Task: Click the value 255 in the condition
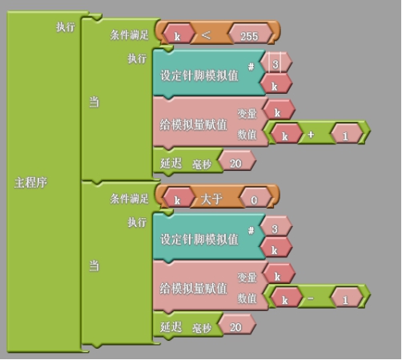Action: pyautogui.click(x=249, y=36)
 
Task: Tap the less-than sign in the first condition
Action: pyautogui.click(x=206, y=35)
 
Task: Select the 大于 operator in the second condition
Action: pyautogui.click(x=211, y=199)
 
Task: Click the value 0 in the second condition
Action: pyautogui.click(x=254, y=200)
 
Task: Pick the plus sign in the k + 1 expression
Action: pyautogui.click(x=311, y=135)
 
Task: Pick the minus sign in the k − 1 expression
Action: pyautogui.click(x=311, y=297)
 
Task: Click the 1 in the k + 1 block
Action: pyautogui.click(x=345, y=136)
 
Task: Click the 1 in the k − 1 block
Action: pyautogui.click(x=345, y=300)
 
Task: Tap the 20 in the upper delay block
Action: pyautogui.click(x=235, y=164)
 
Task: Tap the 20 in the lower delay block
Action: pyautogui.click(x=235, y=327)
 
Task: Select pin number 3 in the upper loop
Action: pyautogui.click(x=275, y=64)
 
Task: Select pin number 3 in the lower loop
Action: pyautogui.click(x=275, y=229)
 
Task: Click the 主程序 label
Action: pyautogui.click(x=30, y=183)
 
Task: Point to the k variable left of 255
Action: pyautogui.click(x=177, y=37)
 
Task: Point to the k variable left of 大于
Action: pyautogui.click(x=177, y=200)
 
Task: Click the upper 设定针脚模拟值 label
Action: pyautogui.click(x=199, y=75)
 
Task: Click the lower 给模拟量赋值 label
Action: pyautogui.click(x=194, y=289)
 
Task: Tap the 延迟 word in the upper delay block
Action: pyautogui.click(x=171, y=163)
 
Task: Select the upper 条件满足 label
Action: pyautogui.click(x=129, y=34)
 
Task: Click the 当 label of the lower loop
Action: pyautogui.click(x=94, y=266)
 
